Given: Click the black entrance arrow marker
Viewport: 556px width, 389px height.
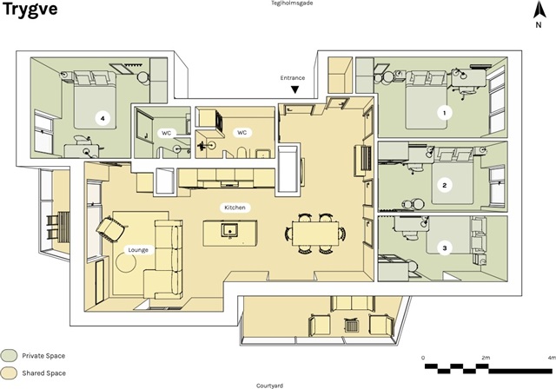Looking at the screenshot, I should [295, 89].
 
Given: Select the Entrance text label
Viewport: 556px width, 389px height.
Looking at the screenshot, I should [293, 77].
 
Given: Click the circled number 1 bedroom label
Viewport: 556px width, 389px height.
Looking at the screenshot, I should [445, 112].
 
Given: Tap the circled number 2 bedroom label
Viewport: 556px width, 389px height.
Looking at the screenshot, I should [445, 184].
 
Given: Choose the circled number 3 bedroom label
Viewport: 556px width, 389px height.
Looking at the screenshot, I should [445, 248].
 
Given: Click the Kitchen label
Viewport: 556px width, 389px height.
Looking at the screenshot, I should [235, 208].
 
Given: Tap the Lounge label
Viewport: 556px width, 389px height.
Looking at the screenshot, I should [138, 250].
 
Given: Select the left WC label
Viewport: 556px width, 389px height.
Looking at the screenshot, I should [167, 133].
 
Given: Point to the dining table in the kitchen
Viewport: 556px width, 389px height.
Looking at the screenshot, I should [314, 234].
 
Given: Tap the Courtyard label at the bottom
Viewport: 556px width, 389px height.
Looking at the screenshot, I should [270, 385].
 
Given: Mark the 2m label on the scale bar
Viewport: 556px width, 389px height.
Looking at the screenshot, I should [486, 358].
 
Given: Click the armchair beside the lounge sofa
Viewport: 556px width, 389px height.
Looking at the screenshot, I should [111, 229].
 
